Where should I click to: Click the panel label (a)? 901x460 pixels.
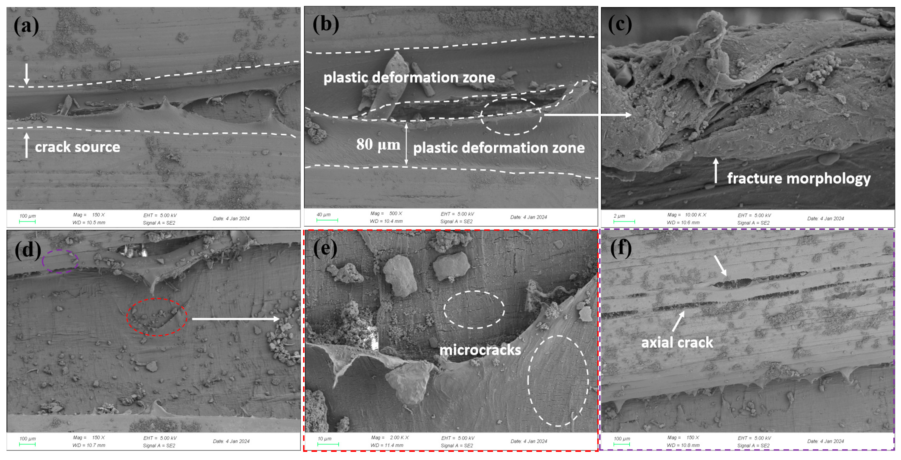coord(26,26)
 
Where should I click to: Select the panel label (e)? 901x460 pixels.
coord(325,248)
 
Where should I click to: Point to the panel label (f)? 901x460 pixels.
coord(621,248)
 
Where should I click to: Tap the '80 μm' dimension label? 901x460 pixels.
coord(378,144)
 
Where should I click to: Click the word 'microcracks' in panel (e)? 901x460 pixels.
coord(480,350)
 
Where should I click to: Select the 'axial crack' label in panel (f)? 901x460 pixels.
coord(677,342)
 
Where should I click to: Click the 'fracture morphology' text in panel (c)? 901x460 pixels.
coord(798,178)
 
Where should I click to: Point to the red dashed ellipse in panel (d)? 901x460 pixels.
coord(157,317)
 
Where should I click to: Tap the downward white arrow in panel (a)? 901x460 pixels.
coord(26,74)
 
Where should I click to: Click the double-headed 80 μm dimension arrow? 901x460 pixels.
coord(406,144)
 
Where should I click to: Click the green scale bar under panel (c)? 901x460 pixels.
coord(624,221)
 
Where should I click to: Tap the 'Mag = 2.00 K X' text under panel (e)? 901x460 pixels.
coord(390,438)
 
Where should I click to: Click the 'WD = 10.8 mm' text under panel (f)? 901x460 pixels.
coord(683,445)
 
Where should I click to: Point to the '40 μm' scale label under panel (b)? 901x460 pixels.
coord(323,214)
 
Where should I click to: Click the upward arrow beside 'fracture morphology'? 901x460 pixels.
coord(716,170)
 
